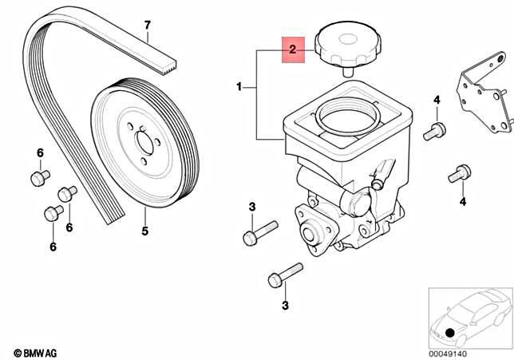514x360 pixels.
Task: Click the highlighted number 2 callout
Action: point(292,50)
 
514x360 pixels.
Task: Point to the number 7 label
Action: point(147,26)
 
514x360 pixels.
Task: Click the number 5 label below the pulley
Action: point(144,232)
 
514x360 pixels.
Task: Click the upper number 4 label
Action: point(437,100)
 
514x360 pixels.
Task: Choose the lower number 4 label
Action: point(462,202)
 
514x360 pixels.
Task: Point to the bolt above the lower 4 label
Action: point(460,172)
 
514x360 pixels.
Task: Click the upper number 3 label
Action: point(251,208)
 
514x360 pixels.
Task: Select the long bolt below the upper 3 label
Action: point(259,232)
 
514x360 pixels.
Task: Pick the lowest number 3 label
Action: point(283,304)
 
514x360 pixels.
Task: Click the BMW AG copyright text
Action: point(38,352)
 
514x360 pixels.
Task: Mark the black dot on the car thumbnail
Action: point(450,331)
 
